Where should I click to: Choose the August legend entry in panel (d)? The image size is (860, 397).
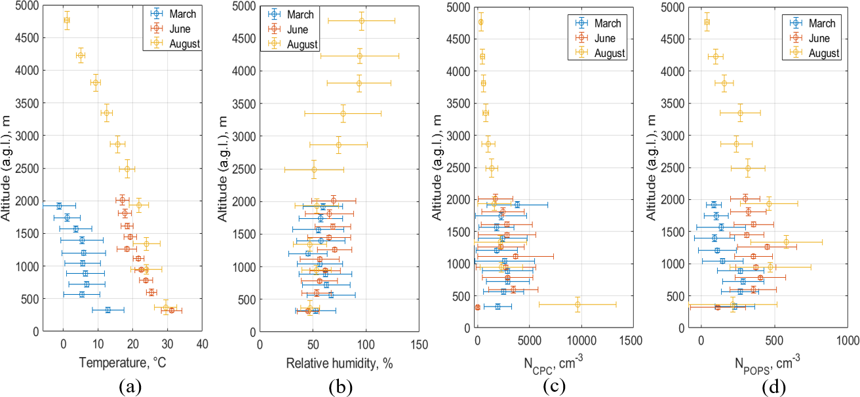[x=823, y=53]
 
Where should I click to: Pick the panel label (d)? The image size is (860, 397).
[x=773, y=387]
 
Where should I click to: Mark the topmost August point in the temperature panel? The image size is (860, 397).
[x=67, y=20]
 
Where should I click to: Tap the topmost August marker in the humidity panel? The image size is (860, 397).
[x=361, y=20]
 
